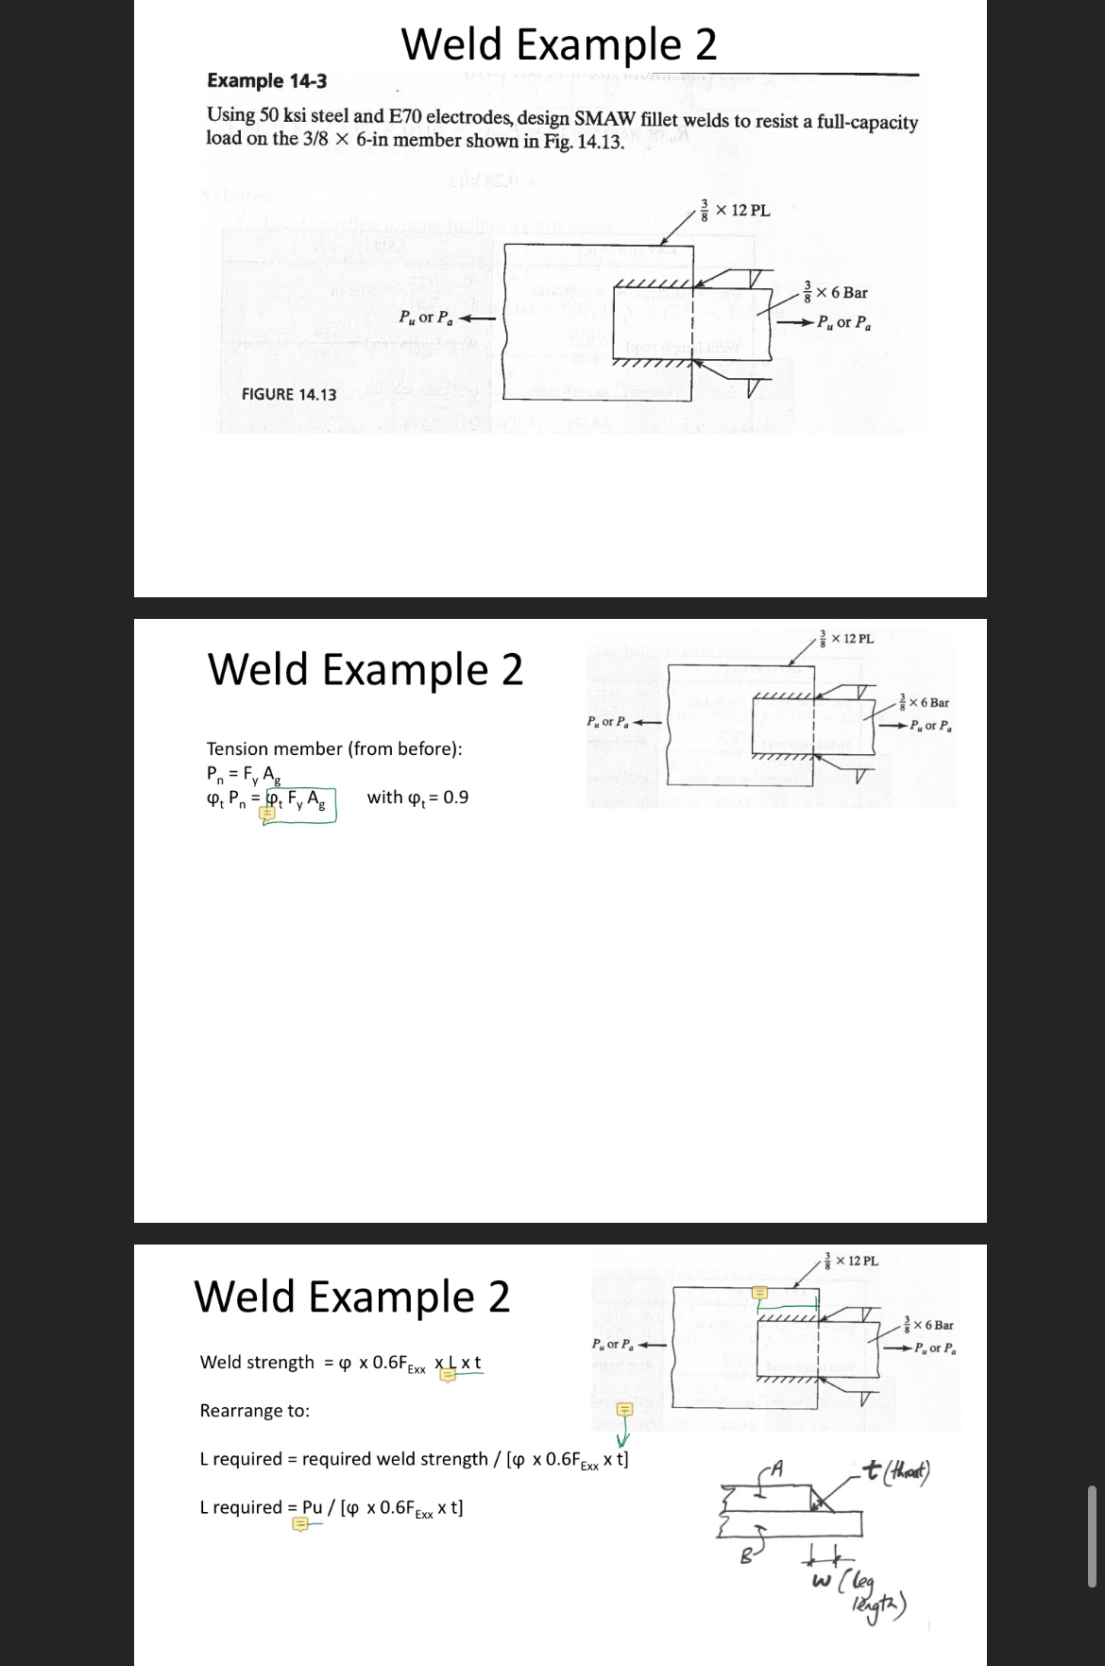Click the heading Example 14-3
pyautogui.click(x=267, y=81)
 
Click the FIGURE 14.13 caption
pyautogui.click(x=288, y=394)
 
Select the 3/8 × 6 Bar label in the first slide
pyautogui.click(x=835, y=292)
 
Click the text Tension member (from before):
pyautogui.click(x=334, y=748)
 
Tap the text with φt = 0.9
pyautogui.click(x=417, y=797)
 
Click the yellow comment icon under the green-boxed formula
pyautogui.click(x=268, y=812)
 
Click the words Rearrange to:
pyautogui.click(x=254, y=1410)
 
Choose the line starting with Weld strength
pyautogui.click(x=340, y=1363)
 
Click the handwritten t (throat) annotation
pyautogui.click(x=898, y=1470)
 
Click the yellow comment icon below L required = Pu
pyautogui.click(x=301, y=1524)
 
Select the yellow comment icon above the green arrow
pyautogui.click(x=623, y=1409)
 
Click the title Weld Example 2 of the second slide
pyautogui.click(x=365, y=668)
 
